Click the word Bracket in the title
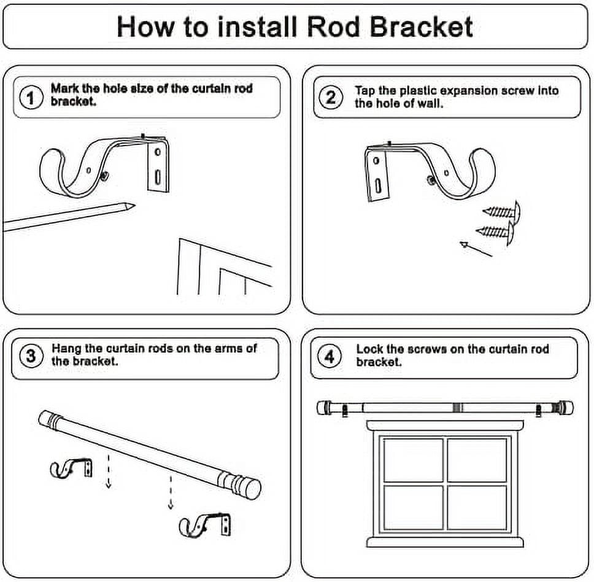(x=421, y=27)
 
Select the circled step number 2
(x=331, y=98)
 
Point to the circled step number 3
(x=31, y=356)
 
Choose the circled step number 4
(x=330, y=356)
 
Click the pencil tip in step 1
(x=134, y=206)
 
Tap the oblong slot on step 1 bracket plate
(x=158, y=177)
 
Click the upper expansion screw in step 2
(x=501, y=211)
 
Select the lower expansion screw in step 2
(x=495, y=231)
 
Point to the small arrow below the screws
(x=476, y=249)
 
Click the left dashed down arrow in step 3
(x=109, y=470)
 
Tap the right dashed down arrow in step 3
(x=171, y=492)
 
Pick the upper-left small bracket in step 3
(x=71, y=468)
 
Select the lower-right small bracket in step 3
(x=205, y=525)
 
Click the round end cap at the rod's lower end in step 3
(x=252, y=489)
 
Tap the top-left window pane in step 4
(x=413, y=460)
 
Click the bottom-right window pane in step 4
(x=477, y=507)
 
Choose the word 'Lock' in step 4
(x=370, y=349)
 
